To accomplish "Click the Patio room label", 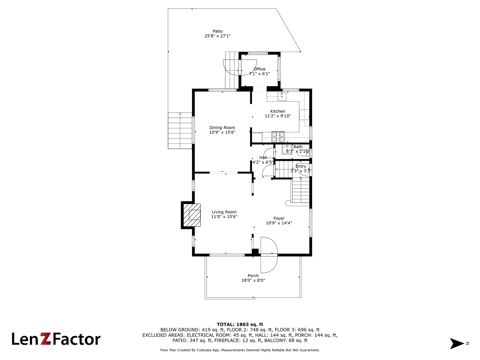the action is click(217, 31).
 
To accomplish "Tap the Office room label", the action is click(259, 69).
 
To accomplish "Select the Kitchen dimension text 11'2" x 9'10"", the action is click(277, 116).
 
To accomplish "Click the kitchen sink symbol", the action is click(282, 96).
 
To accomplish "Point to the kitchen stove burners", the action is click(278, 137).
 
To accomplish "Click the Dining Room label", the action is click(222, 127).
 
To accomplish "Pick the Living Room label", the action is click(224, 212).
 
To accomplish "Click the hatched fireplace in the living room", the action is click(191, 215).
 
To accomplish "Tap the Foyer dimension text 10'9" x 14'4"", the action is click(279, 223).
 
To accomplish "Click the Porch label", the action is click(253, 276).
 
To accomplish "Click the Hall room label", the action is click(263, 157).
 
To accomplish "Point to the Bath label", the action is click(298, 147).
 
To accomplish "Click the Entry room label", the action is click(301, 166).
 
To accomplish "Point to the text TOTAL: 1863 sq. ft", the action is click(240, 324).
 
